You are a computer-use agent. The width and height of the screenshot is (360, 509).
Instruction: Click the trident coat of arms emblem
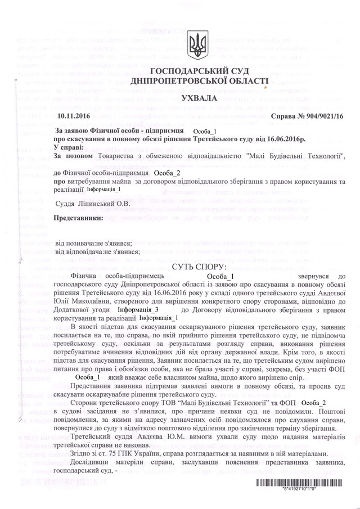[x=196, y=46]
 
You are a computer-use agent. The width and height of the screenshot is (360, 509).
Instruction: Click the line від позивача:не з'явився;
[x=93, y=242]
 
